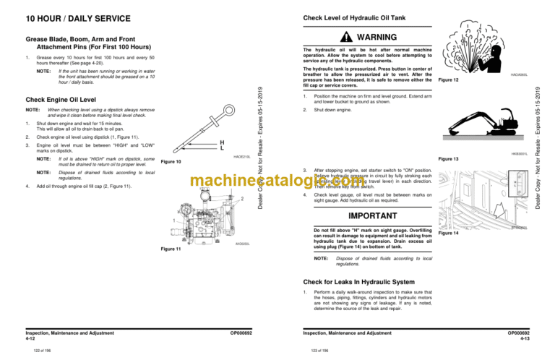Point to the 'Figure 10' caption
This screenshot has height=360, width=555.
coord(171,163)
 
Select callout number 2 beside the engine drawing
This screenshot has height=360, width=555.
coord(243,200)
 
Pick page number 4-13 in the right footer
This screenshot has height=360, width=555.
coord(526,338)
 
